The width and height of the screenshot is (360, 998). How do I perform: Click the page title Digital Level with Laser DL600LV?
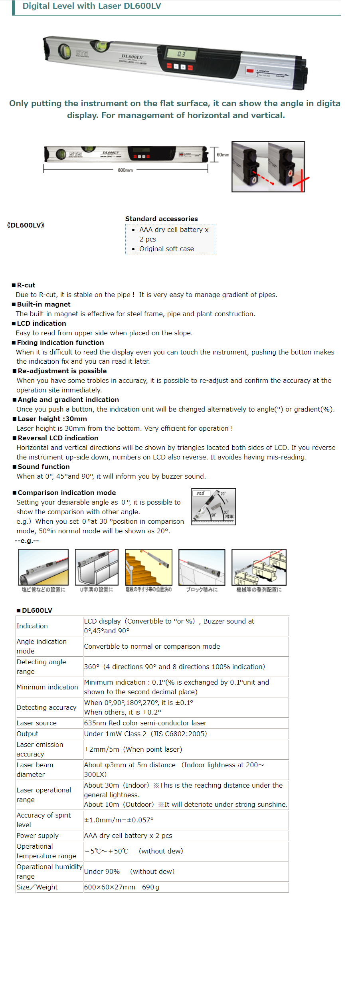92,6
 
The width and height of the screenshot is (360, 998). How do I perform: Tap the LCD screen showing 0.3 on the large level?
182,54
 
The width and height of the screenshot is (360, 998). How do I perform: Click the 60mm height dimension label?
223,154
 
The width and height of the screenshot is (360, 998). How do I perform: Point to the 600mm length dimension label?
125,170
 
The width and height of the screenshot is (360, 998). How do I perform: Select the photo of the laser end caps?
268,166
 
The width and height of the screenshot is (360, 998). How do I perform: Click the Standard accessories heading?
161,219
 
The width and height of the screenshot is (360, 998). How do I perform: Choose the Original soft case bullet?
166,249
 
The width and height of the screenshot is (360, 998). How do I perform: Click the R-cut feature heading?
26,285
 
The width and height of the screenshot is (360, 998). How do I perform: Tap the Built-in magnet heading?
44,304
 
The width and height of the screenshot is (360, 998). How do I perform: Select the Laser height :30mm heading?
52,419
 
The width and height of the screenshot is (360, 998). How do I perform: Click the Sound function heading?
44,467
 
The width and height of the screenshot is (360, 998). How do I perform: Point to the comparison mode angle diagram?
214,507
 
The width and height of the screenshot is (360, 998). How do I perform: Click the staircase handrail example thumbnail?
148,567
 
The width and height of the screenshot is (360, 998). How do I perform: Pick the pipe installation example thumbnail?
43,567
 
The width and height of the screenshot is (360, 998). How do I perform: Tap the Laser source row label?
37,723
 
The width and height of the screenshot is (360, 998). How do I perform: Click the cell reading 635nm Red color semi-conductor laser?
145,723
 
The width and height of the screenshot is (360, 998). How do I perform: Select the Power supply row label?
38,836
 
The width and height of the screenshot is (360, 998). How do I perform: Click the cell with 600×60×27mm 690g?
122,887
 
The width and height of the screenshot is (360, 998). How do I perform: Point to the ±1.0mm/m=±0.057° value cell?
119,820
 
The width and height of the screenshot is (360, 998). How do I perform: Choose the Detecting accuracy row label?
46,707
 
